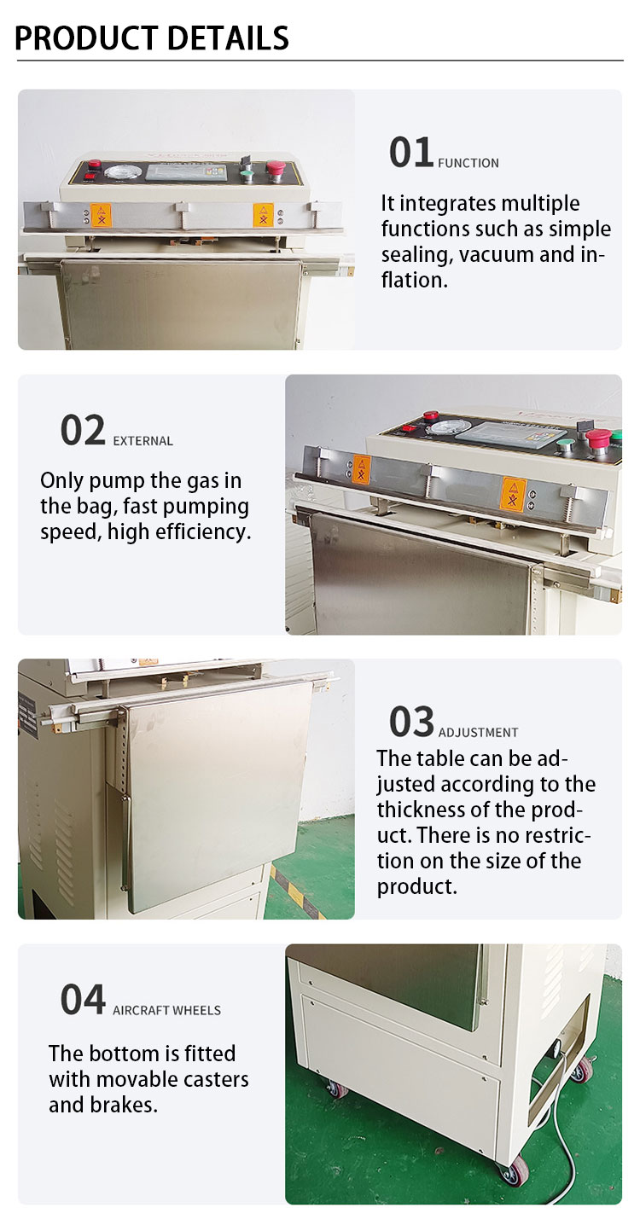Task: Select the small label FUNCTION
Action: tap(468, 163)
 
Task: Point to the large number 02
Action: tap(83, 430)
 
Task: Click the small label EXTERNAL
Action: tap(143, 441)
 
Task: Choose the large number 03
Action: tap(411, 722)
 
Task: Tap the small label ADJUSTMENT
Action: tap(478, 732)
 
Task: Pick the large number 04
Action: tap(83, 999)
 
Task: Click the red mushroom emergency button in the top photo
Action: tap(275, 168)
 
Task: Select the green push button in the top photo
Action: tap(247, 176)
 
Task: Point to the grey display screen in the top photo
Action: tap(186, 173)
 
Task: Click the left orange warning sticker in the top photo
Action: tap(102, 215)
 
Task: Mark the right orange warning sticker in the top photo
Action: tap(263, 215)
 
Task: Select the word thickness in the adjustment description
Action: tap(424, 810)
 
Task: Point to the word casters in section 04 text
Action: tap(212, 1079)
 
